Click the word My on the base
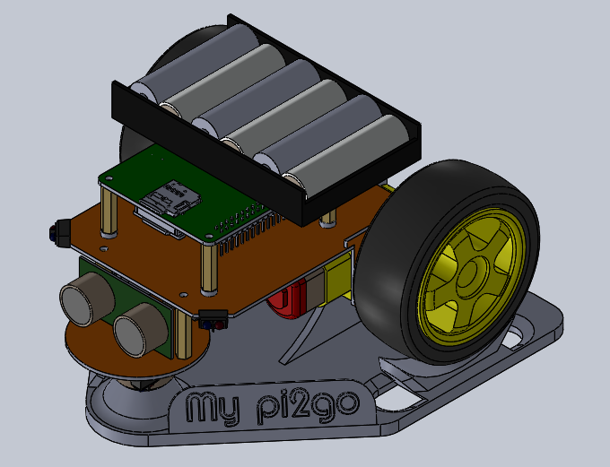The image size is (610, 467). [x=213, y=409]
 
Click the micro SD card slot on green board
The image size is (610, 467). [x=173, y=196]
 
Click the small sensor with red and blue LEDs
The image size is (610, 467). [x=212, y=318]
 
